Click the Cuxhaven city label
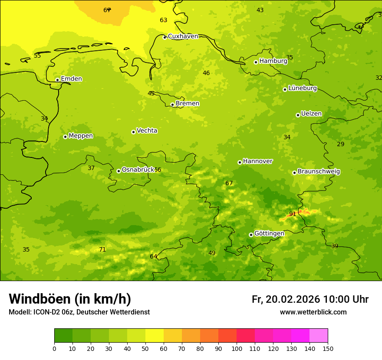(183, 36)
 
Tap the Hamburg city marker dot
(256, 62)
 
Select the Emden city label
(71, 79)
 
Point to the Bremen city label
(188, 104)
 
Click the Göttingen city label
(269, 234)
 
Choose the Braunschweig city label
(319, 172)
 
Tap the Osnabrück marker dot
(119, 171)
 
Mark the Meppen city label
(81, 136)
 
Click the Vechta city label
(147, 131)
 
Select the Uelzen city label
(311, 114)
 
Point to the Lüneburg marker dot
(285, 89)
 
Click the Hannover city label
(257, 161)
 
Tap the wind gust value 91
(293, 214)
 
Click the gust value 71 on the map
(102, 249)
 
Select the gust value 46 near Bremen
(206, 73)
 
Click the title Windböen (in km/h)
(70, 299)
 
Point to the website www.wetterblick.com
(313, 312)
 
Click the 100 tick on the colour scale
(237, 348)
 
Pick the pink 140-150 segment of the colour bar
(319, 335)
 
